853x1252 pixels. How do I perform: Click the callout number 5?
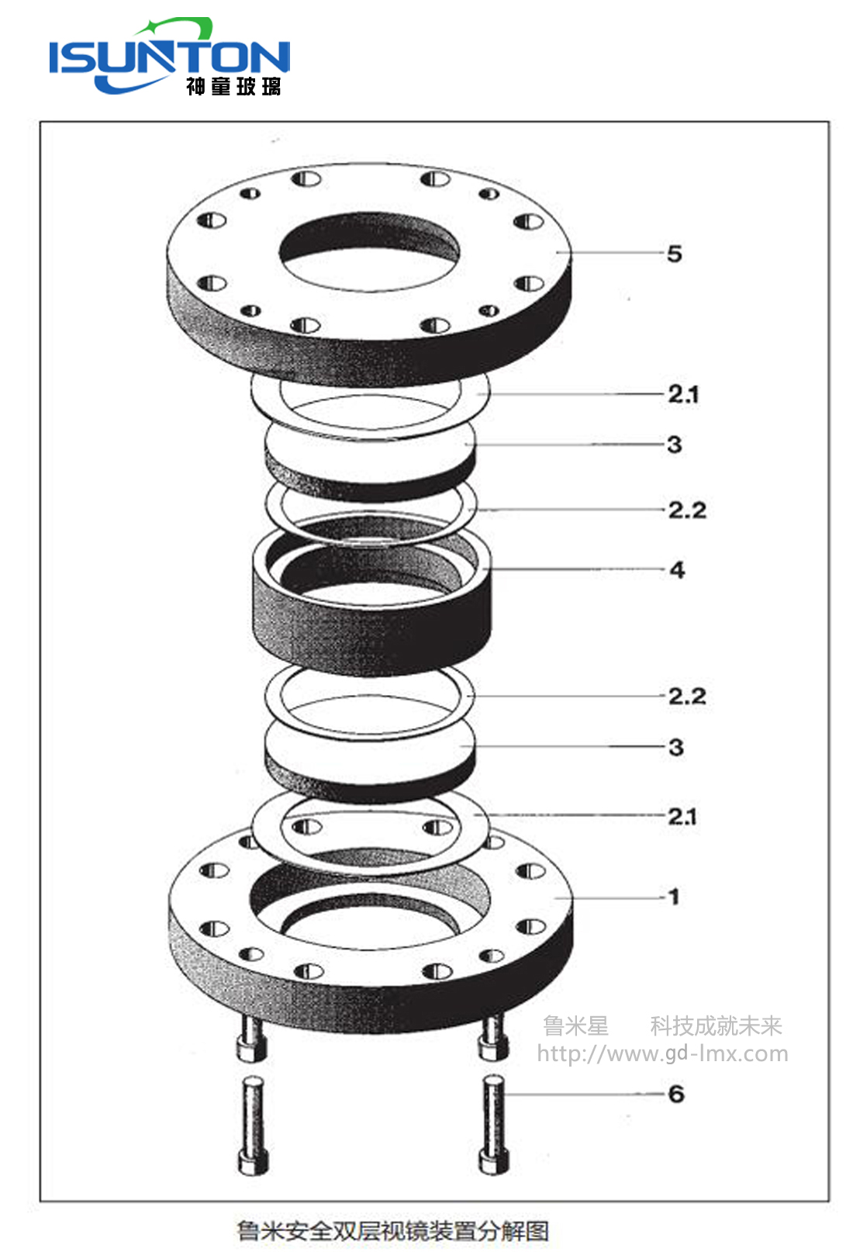click(674, 254)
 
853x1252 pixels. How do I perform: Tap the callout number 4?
click(677, 570)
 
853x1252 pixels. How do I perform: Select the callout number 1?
click(674, 897)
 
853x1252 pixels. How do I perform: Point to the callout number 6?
click(676, 1094)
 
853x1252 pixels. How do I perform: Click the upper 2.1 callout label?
click(683, 395)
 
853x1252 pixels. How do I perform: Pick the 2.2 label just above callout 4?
click(687, 510)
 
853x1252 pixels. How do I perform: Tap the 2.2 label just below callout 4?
click(687, 697)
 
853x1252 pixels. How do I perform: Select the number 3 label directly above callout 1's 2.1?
click(676, 747)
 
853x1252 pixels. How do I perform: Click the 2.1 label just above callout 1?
click(682, 817)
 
